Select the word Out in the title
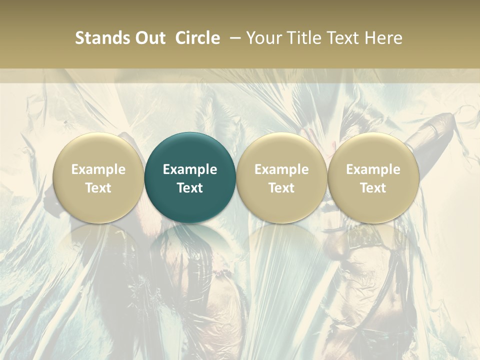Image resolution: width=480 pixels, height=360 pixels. click(x=148, y=38)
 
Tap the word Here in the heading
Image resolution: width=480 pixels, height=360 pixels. click(x=384, y=38)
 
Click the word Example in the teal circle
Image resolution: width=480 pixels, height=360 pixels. click(x=190, y=169)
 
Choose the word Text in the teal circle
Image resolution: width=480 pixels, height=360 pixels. click(x=190, y=188)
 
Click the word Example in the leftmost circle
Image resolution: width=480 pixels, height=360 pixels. click(x=98, y=169)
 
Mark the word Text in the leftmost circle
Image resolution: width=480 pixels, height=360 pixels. click(x=98, y=188)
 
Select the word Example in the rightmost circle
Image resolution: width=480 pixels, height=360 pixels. click(x=373, y=169)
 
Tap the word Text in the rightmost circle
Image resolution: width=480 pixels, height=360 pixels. click(x=373, y=188)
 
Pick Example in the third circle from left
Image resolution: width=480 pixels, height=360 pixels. click(x=281, y=169)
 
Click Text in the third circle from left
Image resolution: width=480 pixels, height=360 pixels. click(x=281, y=188)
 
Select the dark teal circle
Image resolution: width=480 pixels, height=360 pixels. click(x=190, y=150)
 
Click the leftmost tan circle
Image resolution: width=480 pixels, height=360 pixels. click(x=98, y=150)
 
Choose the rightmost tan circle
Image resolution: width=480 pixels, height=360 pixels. click(x=373, y=150)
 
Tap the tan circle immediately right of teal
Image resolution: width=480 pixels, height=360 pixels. click(x=281, y=150)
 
